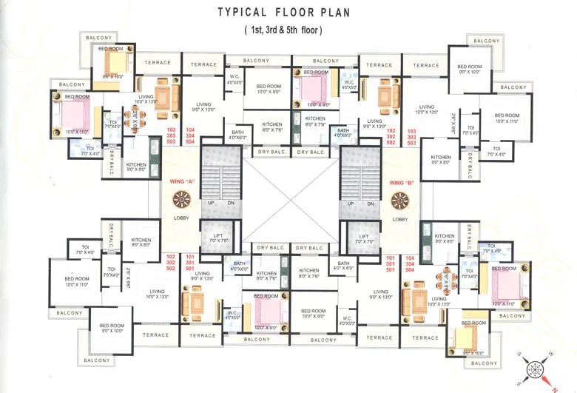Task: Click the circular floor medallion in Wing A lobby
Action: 181,200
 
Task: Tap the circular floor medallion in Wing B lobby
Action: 400,200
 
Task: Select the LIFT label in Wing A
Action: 217,235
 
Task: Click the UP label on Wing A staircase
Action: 211,203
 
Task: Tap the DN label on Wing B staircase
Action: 371,203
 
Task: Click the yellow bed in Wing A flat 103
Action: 115,61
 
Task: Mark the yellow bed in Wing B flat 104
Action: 467,339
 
